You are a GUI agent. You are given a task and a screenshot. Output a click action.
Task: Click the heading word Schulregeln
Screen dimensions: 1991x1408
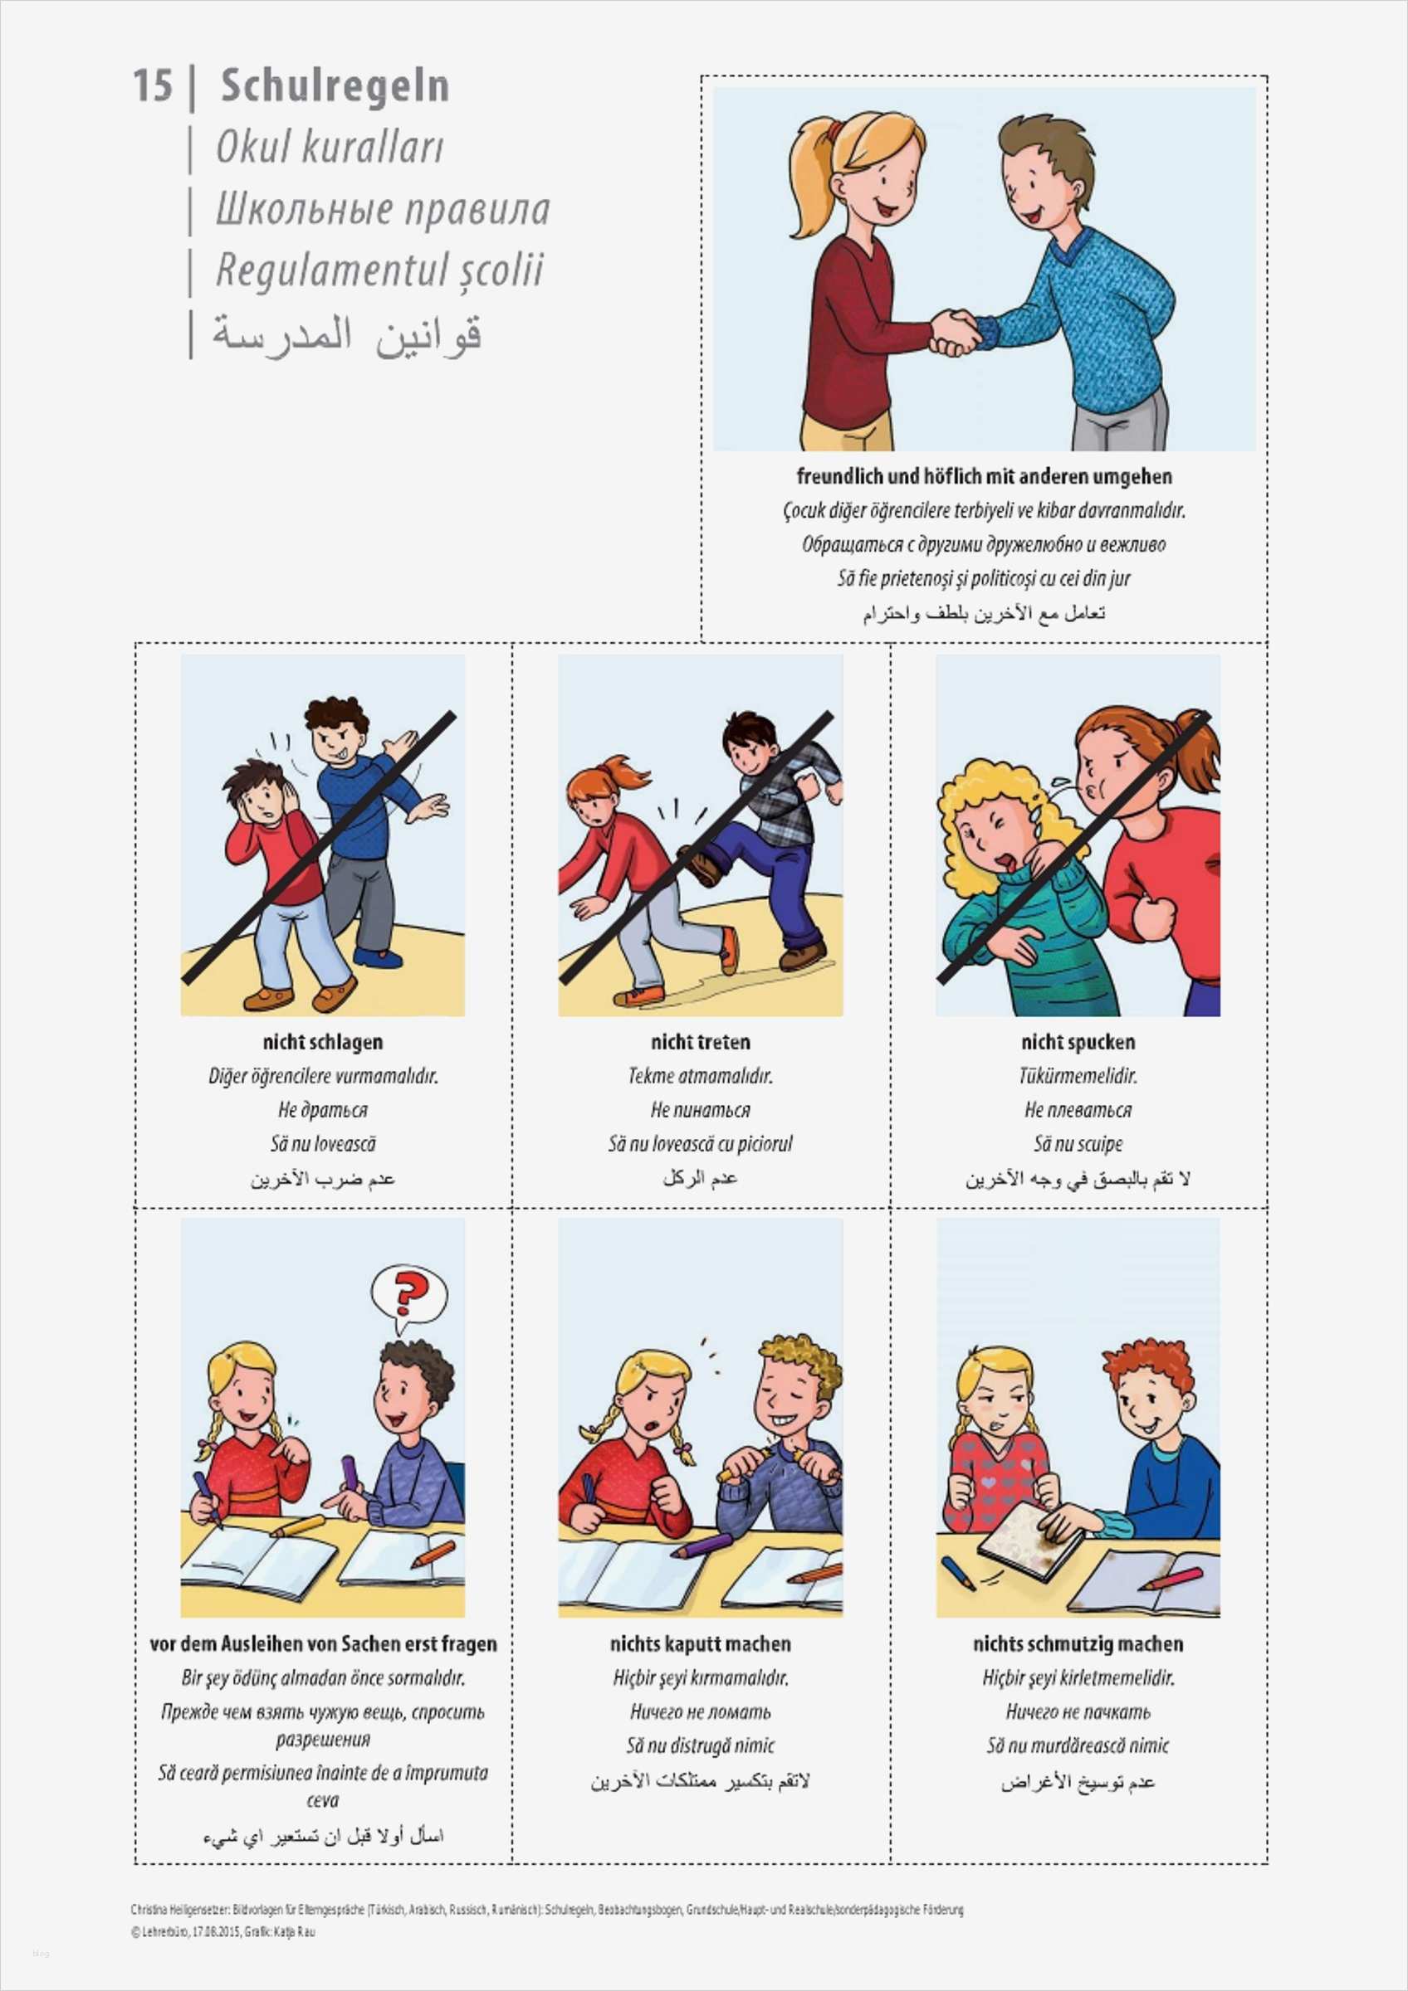[x=335, y=85]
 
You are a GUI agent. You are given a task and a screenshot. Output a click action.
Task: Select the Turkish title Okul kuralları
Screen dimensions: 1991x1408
[x=329, y=147]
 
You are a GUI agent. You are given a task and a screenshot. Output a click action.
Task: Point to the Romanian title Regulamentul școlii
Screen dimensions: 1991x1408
[x=379, y=270]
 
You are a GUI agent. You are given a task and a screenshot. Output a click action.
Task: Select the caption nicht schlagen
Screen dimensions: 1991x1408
[x=323, y=1042]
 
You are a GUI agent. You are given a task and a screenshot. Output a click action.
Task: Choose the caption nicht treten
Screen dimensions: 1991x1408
[x=700, y=1042]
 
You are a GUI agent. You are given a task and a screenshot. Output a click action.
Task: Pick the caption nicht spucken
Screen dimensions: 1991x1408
[x=1078, y=1042]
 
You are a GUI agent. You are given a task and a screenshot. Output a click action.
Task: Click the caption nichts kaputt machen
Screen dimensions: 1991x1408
[x=700, y=1644]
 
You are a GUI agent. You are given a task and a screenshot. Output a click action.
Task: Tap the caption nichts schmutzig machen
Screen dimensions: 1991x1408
[x=1078, y=1644]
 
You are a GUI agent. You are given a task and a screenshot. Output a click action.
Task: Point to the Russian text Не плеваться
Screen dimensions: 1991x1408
[x=1078, y=1110]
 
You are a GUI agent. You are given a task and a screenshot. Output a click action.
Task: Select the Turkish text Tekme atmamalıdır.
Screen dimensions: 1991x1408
[x=700, y=1076]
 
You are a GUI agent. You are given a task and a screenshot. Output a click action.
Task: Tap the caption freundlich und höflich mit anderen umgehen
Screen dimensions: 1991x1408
[x=984, y=476]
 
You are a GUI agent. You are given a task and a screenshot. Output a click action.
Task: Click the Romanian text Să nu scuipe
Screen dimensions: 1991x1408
[x=1078, y=1144]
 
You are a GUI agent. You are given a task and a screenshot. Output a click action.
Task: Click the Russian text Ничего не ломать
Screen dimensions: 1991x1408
[x=700, y=1711]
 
